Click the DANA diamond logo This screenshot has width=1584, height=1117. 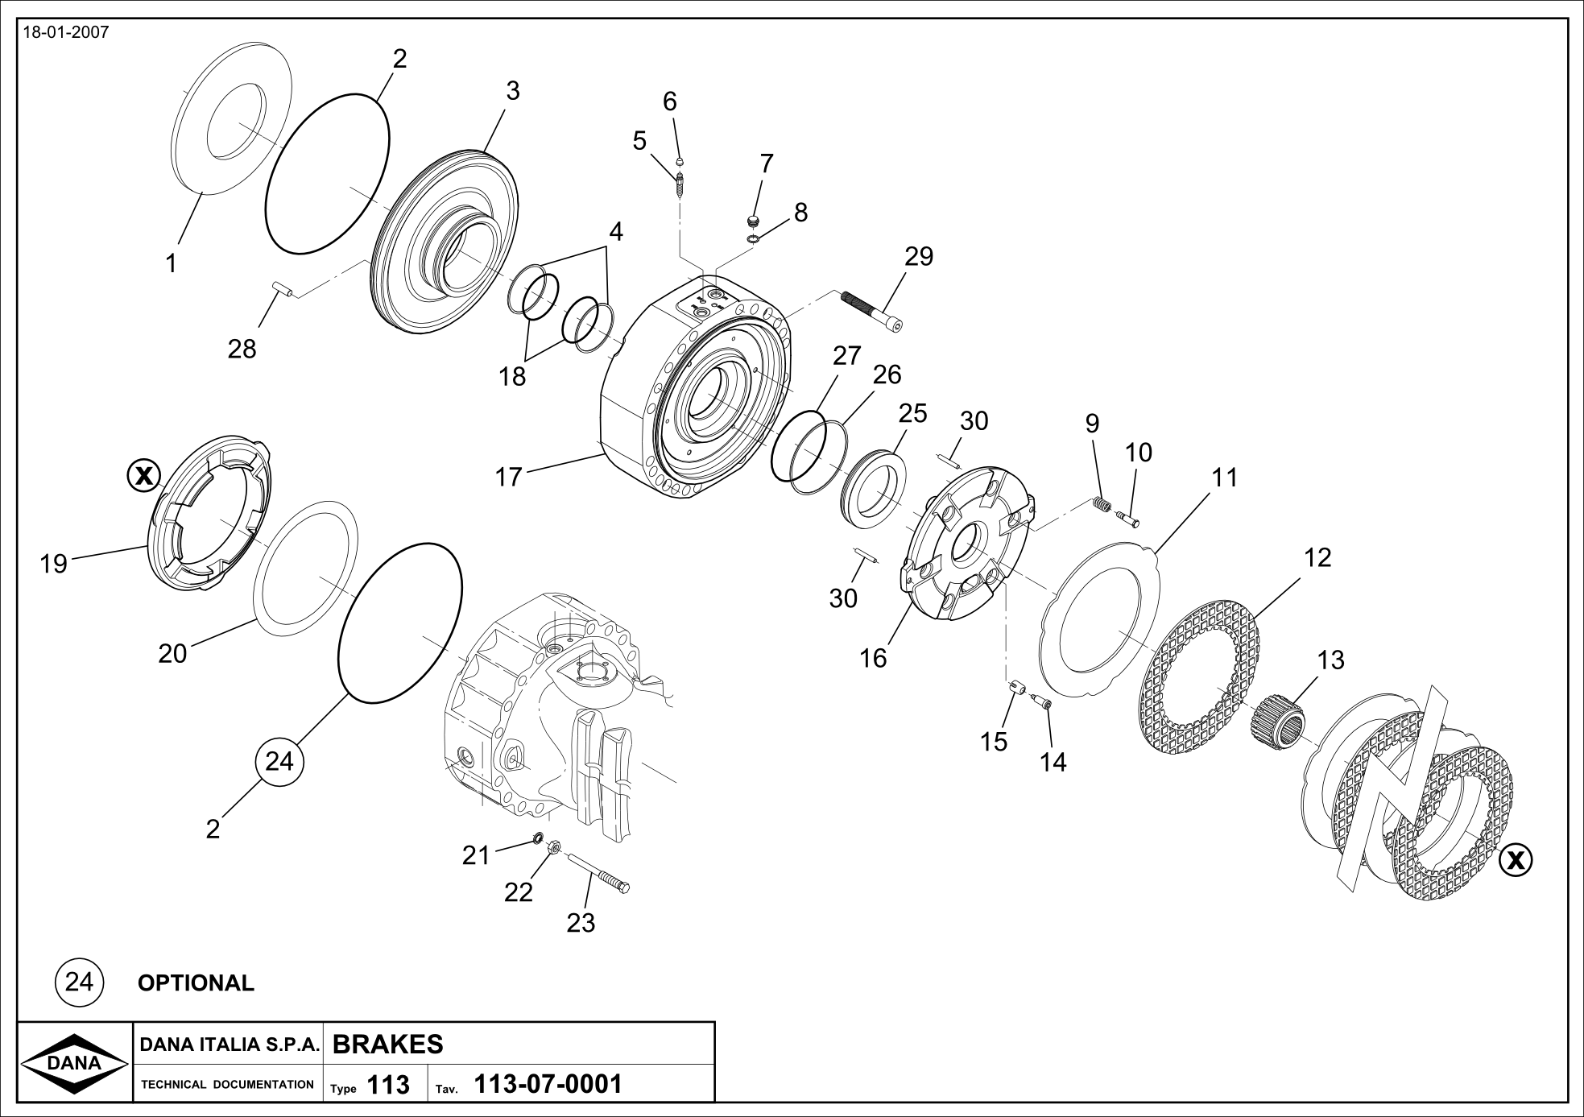point(74,1063)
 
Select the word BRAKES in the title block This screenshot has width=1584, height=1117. point(387,1044)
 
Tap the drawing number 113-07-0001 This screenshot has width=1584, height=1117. point(549,1084)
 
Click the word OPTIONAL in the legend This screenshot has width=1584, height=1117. point(196,983)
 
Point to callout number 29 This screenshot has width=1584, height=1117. point(918,256)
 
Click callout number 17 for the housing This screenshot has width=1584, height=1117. point(508,477)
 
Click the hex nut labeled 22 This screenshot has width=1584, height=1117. point(553,848)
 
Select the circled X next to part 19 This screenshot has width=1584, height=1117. point(144,475)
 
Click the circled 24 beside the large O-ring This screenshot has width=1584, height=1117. point(279,761)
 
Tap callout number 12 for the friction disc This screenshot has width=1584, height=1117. point(1317,557)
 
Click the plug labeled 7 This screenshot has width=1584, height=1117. point(754,221)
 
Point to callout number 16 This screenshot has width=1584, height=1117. point(872,658)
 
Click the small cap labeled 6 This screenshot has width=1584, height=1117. point(679,159)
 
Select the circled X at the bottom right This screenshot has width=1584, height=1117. point(1516,860)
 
